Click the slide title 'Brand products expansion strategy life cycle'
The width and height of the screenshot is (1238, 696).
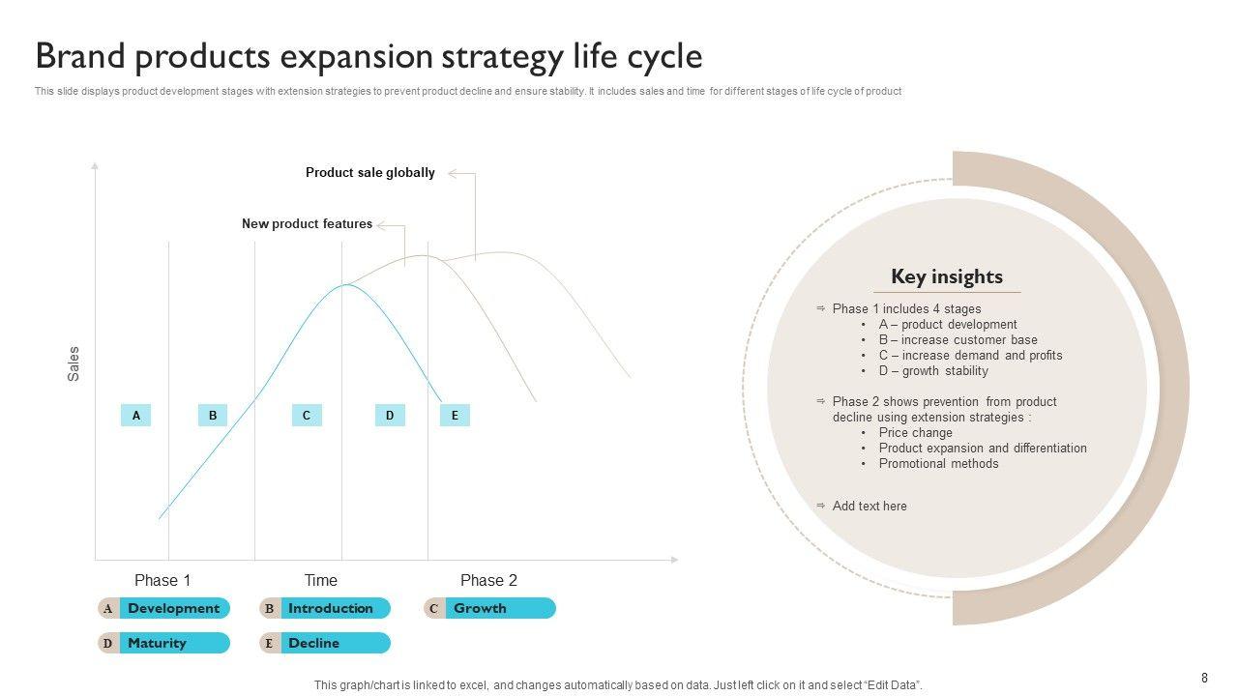(x=368, y=57)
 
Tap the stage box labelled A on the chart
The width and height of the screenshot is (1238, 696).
(x=136, y=416)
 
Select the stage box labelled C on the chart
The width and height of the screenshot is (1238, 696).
(x=306, y=416)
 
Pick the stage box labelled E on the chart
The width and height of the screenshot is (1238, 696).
(x=455, y=416)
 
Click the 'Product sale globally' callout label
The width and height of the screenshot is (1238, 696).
(x=370, y=173)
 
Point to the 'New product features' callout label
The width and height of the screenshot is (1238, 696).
(x=307, y=224)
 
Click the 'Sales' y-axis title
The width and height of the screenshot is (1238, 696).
(x=74, y=363)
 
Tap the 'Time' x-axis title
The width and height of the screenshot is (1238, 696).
(x=321, y=581)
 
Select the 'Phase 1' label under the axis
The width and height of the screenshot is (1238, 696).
(x=162, y=581)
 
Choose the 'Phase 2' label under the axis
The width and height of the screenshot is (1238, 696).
(x=488, y=581)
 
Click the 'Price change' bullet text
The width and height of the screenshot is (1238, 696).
(x=915, y=433)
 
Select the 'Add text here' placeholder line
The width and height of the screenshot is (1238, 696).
(x=870, y=507)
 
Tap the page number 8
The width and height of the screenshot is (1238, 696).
(x=1204, y=679)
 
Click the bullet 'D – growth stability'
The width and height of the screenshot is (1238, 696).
(x=933, y=371)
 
